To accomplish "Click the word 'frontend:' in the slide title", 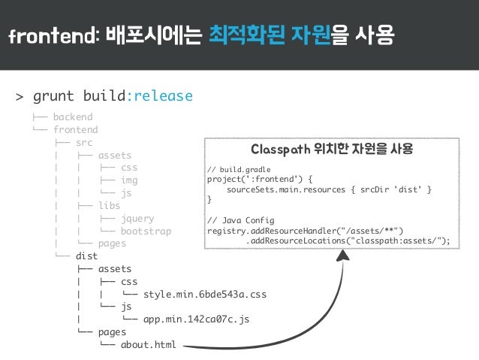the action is [x=50, y=35].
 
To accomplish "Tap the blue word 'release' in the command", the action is [x=162, y=96].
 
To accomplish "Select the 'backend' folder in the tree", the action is [x=72, y=117].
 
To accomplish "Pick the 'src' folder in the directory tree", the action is [x=84, y=142].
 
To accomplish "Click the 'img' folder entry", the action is [x=129, y=180].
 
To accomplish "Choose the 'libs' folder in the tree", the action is [x=109, y=205].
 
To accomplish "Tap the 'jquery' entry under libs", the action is [x=137, y=218].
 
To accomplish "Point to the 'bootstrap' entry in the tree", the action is [x=146, y=231].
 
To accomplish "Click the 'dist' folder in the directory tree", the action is [x=87, y=256].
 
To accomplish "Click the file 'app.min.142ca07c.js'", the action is [x=196, y=319].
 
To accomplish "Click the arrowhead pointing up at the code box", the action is [x=343, y=260].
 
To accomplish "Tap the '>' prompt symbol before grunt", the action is [x=20, y=97].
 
